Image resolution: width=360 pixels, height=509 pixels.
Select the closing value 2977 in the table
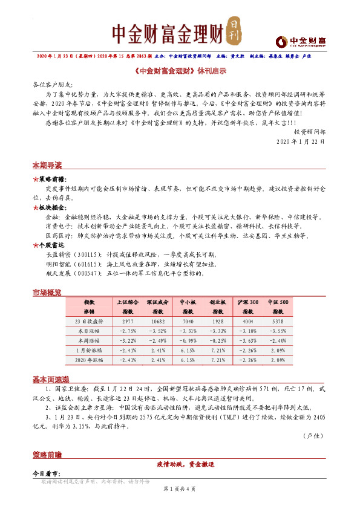127,322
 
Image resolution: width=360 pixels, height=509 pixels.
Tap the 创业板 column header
218,301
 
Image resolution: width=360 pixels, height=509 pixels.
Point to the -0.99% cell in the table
188,341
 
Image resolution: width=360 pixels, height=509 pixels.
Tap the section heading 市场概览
47,293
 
